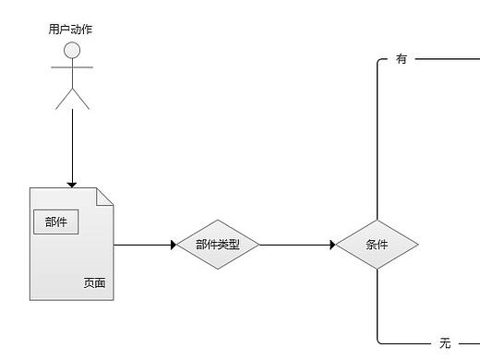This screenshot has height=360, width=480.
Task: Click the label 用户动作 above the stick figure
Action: [x=70, y=30]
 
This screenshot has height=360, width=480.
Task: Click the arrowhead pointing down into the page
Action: [x=72, y=184]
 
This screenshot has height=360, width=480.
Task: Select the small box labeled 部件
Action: [x=56, y=222]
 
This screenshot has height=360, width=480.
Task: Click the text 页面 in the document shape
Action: [x=94, y=283]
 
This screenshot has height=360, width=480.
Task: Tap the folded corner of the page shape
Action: [x=105, y=196]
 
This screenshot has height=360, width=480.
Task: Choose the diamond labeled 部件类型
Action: [x=218, y=245]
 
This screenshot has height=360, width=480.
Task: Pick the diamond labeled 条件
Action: [x=377, y=245]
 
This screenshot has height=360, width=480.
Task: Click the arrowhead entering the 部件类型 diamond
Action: [x=173, y=245]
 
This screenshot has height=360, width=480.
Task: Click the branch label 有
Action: [x=402, y=59]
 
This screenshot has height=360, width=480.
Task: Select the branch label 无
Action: [x=445, y=343]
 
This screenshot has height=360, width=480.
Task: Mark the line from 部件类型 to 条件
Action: [x=295, y=245]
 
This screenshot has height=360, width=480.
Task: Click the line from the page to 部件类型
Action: [x=143, y=245]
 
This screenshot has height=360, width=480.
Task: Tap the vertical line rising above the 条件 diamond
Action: [x=378, y=138]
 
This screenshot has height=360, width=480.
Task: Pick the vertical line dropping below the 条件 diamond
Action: [x=378, y=305]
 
